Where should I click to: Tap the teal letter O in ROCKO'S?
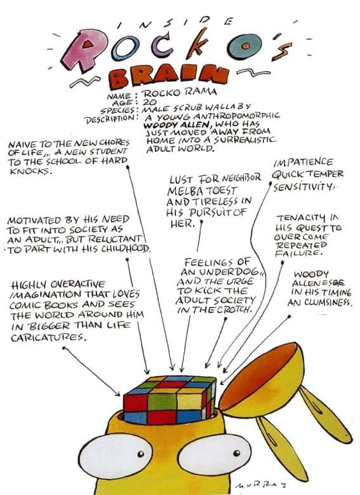(245, 46)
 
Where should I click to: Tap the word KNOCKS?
(30, 172)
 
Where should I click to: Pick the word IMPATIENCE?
(303, 163)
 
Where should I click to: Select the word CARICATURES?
(48, 337)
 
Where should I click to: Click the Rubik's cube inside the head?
(170, 400)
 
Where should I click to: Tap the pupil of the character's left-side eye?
(141, 454)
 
